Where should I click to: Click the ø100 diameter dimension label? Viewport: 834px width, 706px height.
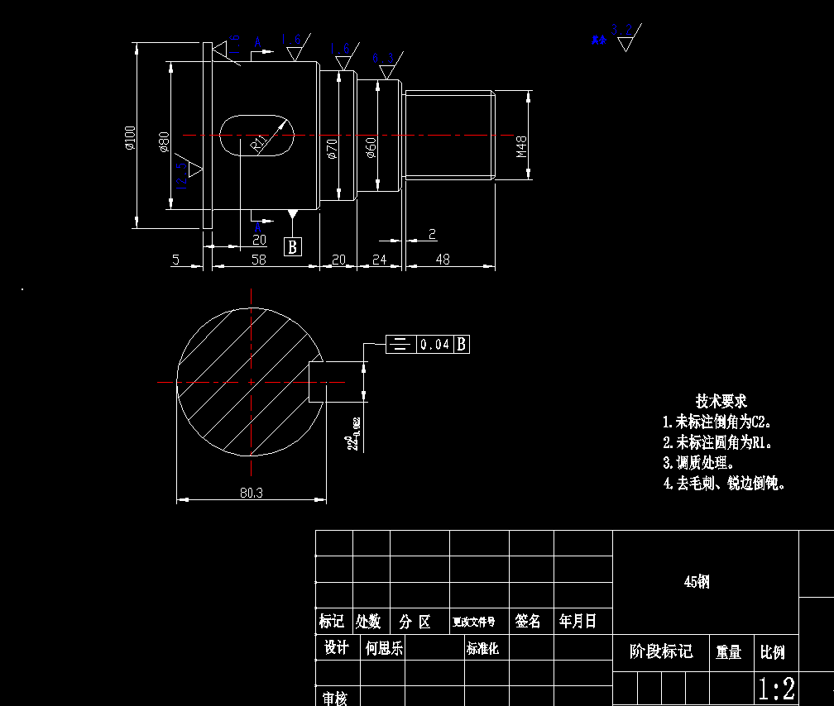(130, 138)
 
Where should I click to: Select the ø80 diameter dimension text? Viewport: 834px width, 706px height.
(164, 141)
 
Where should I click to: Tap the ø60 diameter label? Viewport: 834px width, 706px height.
(371, 148)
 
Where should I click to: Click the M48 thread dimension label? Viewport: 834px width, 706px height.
(522, 147)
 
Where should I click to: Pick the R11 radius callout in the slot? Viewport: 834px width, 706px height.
(261, 144)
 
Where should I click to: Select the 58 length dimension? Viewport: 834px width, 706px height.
(259, 260)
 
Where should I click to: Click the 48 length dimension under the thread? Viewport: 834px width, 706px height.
(443, 260)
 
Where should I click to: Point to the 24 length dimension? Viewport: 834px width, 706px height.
(379, 260)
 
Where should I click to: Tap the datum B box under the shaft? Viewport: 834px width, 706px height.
(293, 246)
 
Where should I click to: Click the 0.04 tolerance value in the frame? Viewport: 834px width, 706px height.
(434, 344)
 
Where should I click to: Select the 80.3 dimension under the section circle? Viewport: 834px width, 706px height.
(251, 493)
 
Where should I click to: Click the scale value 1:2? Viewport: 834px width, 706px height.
(777, 688)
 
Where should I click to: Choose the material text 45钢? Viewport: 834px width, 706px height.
(697, 582)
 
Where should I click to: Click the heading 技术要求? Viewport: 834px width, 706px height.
(721, 401)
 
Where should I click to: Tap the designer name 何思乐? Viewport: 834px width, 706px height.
(384, 648)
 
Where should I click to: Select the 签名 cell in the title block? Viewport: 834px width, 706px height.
(528, 621)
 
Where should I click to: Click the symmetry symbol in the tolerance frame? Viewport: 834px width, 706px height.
(400, 344)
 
